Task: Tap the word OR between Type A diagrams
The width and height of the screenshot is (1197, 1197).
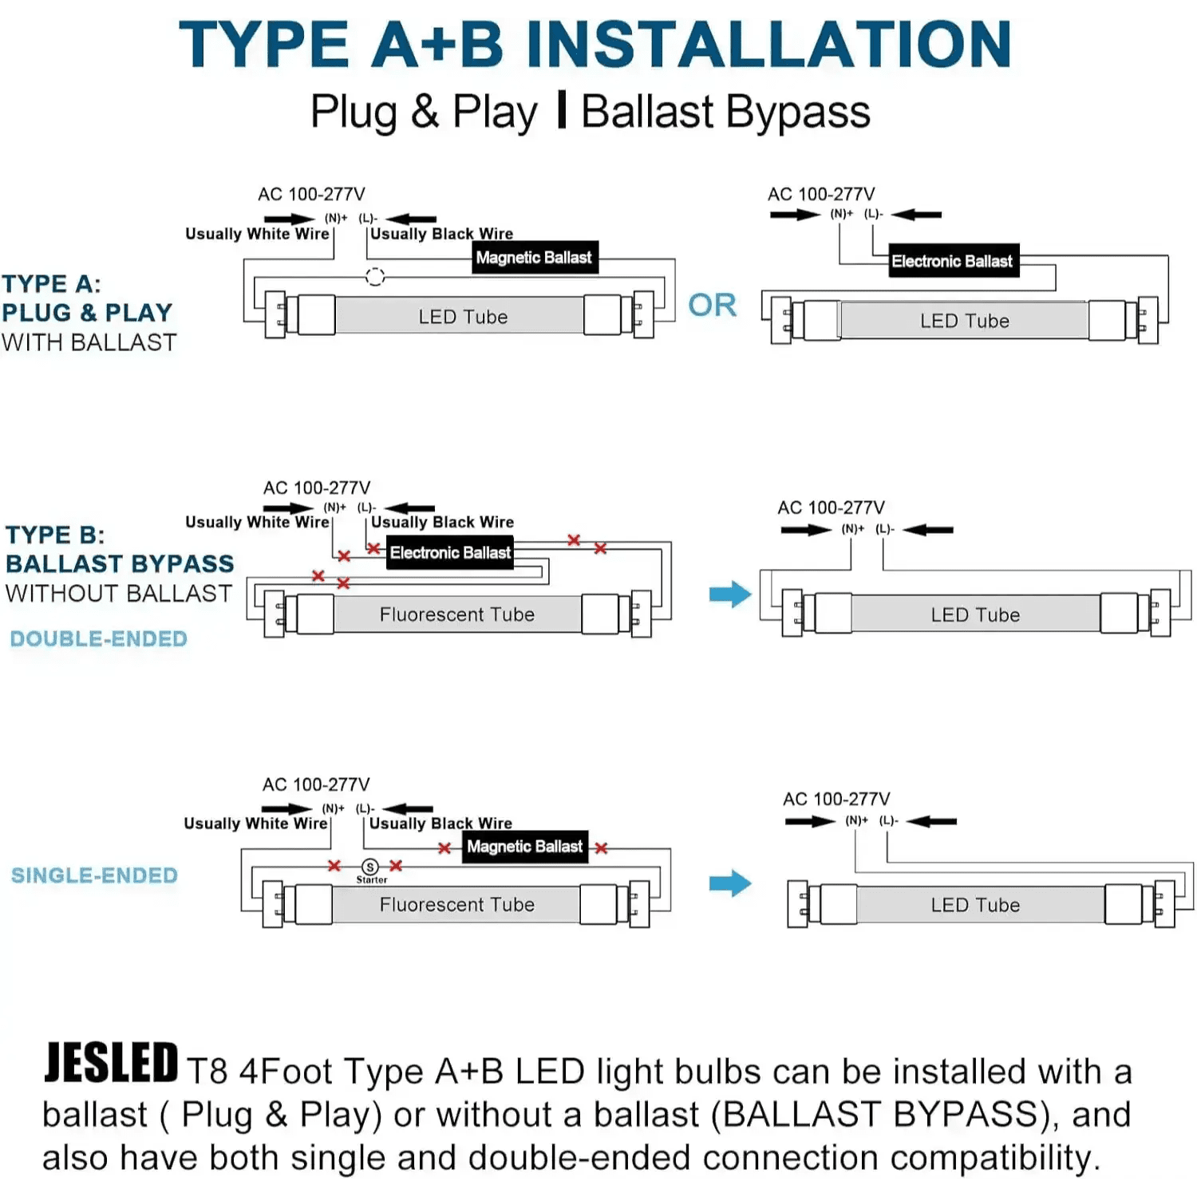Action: pyautogui.click(x=712, y=305)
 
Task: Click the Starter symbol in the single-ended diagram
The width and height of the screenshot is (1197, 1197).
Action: pyautogui.click(x=370, y=867)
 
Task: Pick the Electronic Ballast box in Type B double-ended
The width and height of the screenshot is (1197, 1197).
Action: pyautogui.click(x=450, y=552)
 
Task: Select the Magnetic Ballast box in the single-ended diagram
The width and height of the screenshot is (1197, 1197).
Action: pyautogui.click(x=525, y=846)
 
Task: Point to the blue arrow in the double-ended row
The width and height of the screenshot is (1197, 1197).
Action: pyautogui.click(x=730, y=594)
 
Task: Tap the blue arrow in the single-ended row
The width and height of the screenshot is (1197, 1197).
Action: pyautogui.click(x=730, y=883)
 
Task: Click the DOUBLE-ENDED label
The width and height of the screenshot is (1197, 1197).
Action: pyautogui.click(x=99, y=638)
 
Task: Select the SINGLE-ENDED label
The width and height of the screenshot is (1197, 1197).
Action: pyautogui.click(x=94, y=875)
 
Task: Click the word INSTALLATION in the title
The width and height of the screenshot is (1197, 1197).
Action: pyautogui.click(x=769, y=44)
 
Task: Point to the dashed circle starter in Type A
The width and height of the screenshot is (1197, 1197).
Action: pyautogui.click(x=375, y=277)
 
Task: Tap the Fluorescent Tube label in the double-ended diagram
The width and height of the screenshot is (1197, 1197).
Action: pyautogui.click(x=457, y=614)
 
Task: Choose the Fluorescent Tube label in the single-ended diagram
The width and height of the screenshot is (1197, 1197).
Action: pyautogui.click(x=457, y=904)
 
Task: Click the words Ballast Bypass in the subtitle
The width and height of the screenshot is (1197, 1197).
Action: pyautogui.click(x=725, y=113)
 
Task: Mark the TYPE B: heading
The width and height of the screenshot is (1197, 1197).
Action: pyautogui.click(x=55, y=535)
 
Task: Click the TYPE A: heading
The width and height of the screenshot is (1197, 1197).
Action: pyautogui.click(x=51, y=283)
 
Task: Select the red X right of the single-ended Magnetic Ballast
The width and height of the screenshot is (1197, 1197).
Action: pyautogui.click(x=601, y=848)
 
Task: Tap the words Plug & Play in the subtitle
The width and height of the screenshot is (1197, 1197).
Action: pyautogui.click(x=424, y=113)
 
